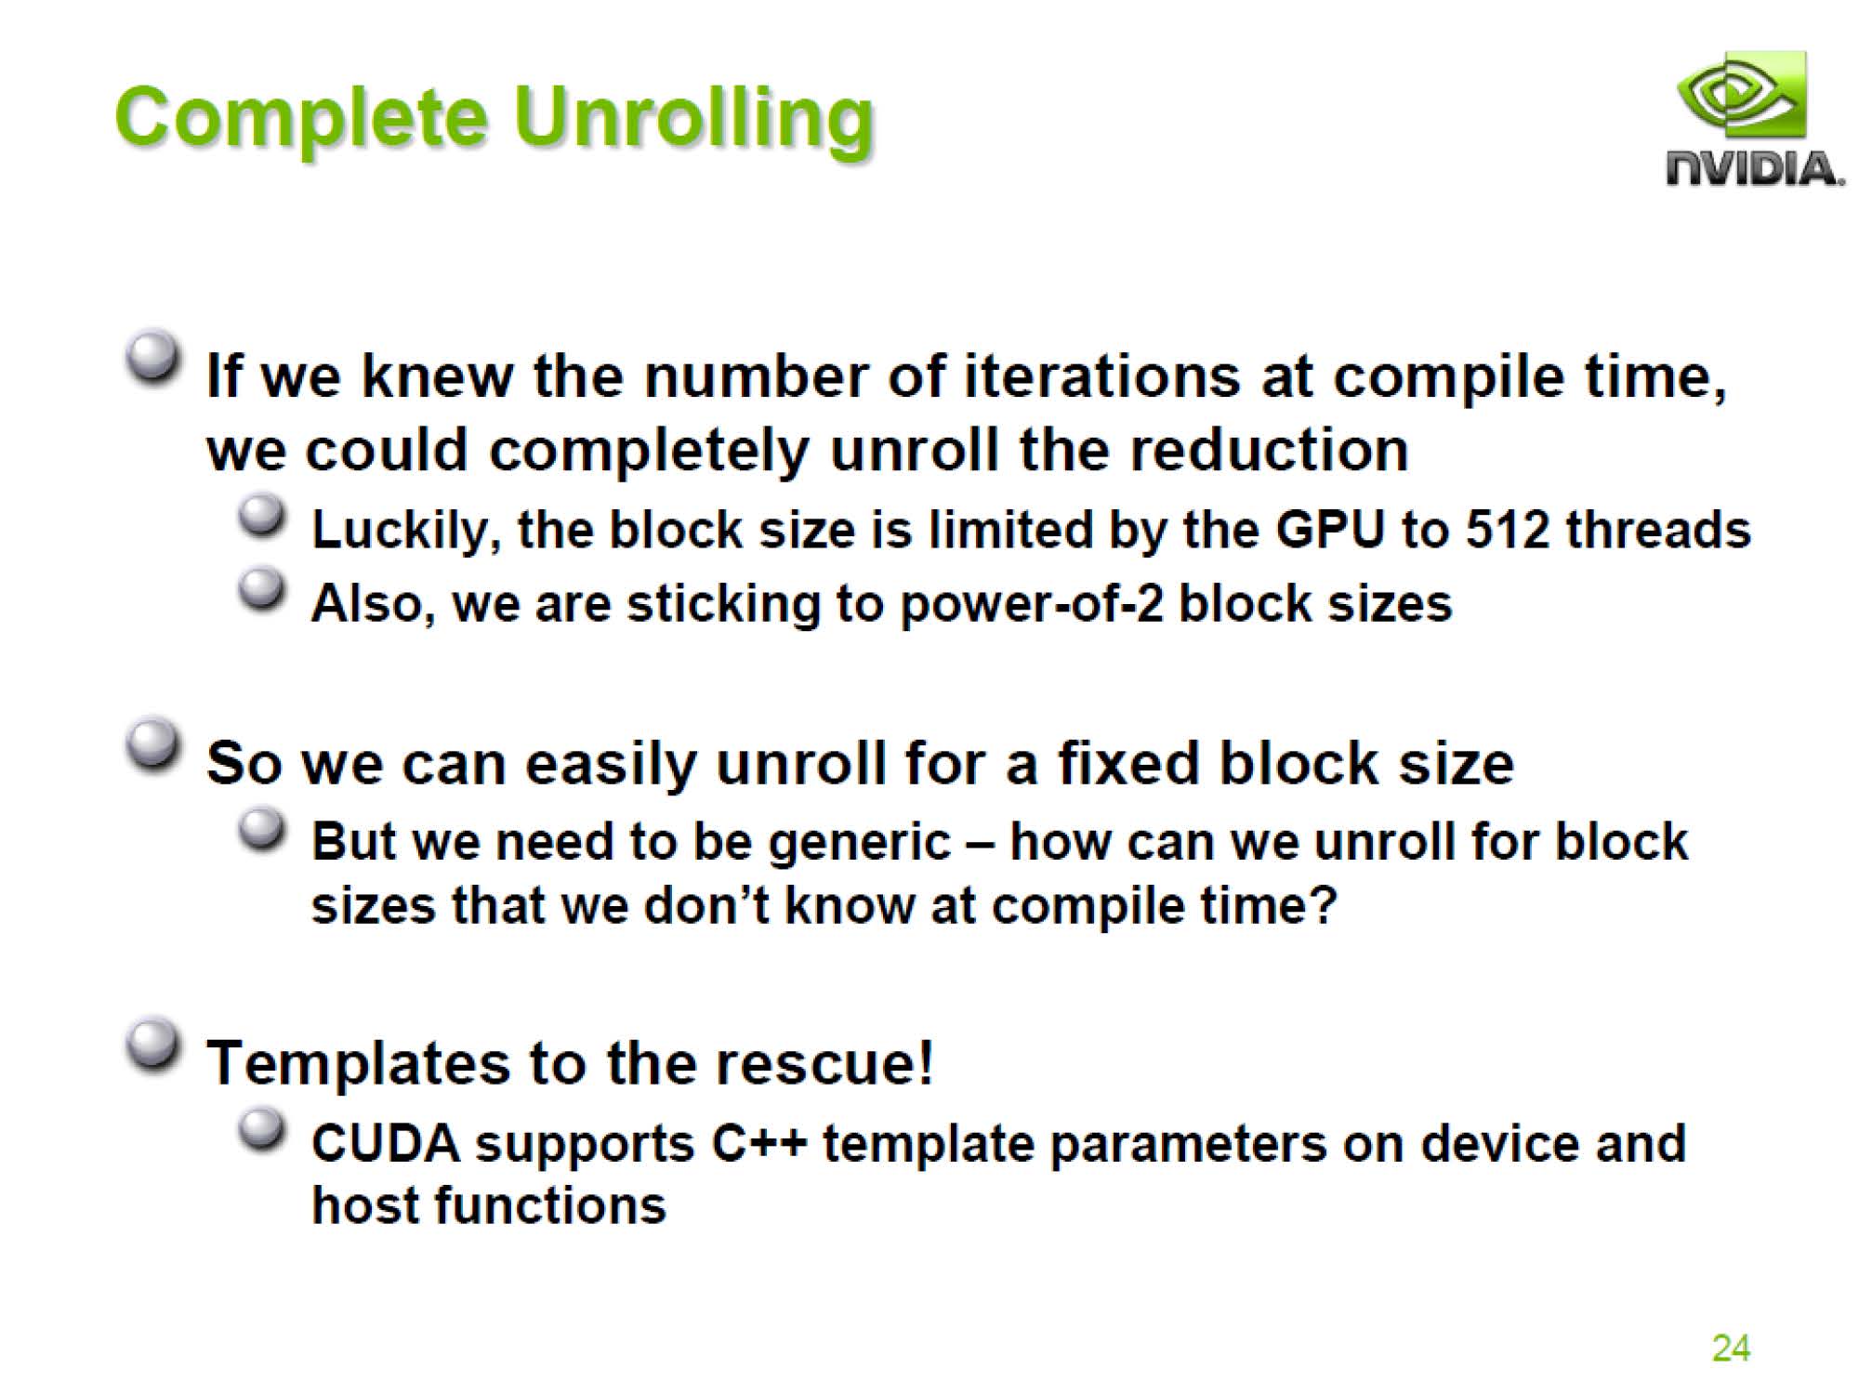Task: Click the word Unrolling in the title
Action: tap(693, 121)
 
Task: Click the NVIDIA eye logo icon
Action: tap(1741, 96)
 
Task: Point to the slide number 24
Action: tap(1731, 1348)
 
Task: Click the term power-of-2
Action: tap(1032, 605)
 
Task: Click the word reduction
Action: tap(1269, 451)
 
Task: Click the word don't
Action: tap(705, 905)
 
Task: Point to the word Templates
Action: tap(358, 1064)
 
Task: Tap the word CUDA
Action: tap(386, 1143)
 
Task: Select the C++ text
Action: tap(758, 1143)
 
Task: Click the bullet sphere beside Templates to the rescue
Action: tap(152, 1045)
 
